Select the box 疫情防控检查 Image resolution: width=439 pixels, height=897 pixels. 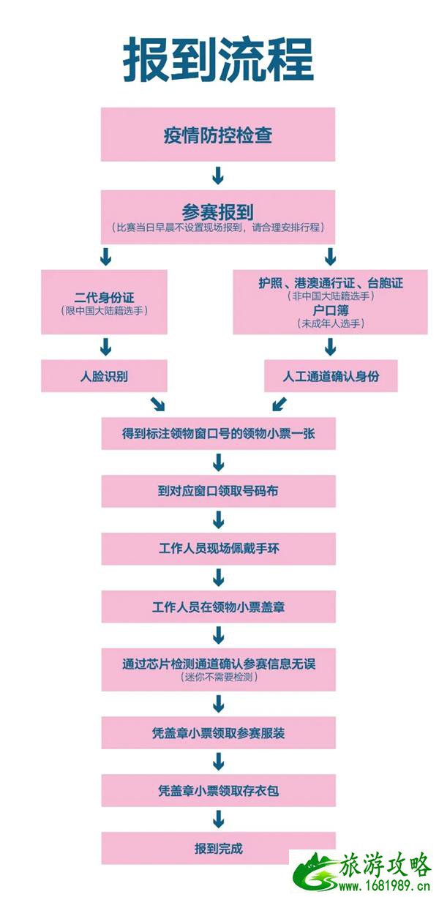tap(218, 135)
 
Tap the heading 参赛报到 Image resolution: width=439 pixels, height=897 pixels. tap(218, 211)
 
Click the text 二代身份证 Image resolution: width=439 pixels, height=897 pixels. tap(104, 298)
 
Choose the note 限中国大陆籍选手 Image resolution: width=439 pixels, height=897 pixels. tap(104, 311)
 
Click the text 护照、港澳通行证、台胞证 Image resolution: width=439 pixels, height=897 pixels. tap(331, 282)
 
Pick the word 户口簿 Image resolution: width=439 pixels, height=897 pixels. tap(331, 309)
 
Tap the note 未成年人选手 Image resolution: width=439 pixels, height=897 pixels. tap(331, 323)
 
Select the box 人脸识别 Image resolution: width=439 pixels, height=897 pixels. tap(104, 377)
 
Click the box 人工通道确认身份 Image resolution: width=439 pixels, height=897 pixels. tap(331, 377)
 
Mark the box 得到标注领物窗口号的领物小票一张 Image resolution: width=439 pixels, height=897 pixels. tap(218, 435)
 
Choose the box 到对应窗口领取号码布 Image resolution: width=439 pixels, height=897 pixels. tap(218, 492)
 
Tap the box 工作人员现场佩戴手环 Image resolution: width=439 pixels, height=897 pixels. tap(218, 549)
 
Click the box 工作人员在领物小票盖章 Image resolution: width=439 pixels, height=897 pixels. tap(218, 607)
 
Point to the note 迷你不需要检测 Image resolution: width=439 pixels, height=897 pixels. tap(218, 678)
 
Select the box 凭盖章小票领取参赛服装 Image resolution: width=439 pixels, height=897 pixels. tap(218, 733)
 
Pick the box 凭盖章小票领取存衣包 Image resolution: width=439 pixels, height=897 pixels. tap(218, 790)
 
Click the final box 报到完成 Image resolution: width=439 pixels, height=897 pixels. tap(218, 849)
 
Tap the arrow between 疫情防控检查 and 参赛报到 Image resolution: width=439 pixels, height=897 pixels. tap(218, 176)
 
